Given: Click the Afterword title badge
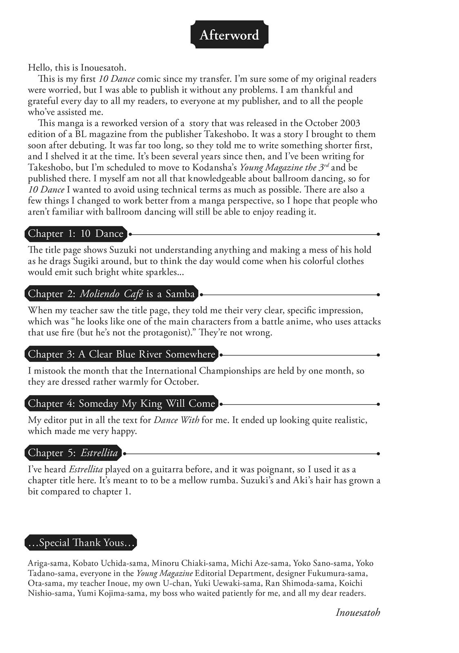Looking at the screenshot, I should [x=229, y=35].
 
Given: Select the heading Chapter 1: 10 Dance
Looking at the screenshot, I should [x=76, y=234].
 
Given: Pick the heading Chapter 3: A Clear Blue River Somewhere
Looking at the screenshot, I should [x=121, y=354].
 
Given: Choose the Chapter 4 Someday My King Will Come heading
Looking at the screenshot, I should [x=121, y=404].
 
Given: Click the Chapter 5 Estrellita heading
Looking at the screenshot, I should [x=73, y=453].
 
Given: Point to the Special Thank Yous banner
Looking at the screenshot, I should [x=80, y=543].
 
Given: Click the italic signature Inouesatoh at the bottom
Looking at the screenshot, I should [x=358, y=612].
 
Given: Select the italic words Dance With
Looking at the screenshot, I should [x=176, y=420].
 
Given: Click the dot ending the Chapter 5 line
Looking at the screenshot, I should [x=379, y=453].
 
